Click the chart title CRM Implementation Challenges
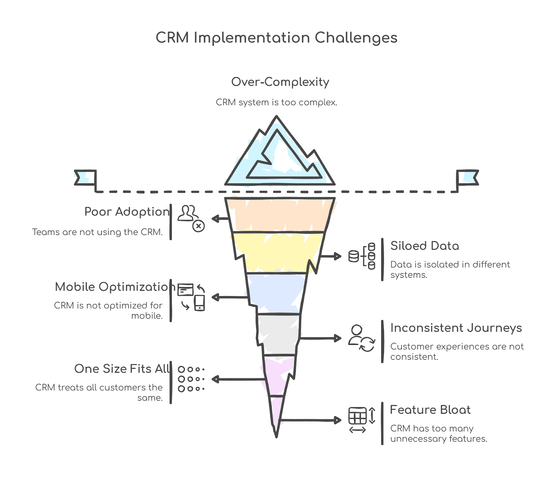(x=276, y=38)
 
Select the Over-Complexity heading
(x=280, y=82)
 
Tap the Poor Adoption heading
(x=127, y=211)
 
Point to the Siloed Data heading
(x=424, y=246)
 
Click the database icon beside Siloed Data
(x=362, y=256)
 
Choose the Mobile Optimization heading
(x=115, y=287)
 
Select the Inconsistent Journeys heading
(x=456, y=328)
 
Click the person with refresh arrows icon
(x=362, y=338)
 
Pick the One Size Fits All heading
(x=122, y=369)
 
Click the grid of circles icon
(x=191, y=379)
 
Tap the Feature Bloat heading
(x=430, y=410)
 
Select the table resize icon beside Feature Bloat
(x=362, y=420)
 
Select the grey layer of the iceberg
(x=278, y=334)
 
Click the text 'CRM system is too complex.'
(x=276, y=102)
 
